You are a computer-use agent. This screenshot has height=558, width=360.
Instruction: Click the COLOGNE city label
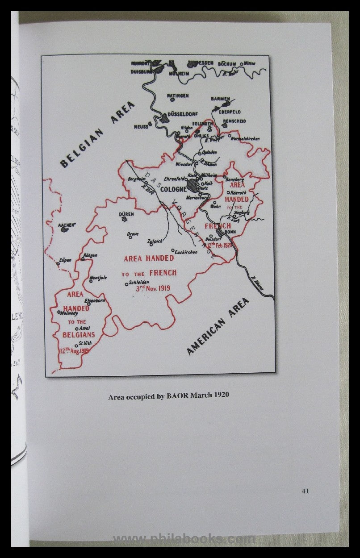pos(173,189)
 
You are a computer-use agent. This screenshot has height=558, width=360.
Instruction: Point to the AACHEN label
pos(66,225)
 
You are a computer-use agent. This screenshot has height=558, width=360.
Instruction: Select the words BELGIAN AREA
pos(97,134)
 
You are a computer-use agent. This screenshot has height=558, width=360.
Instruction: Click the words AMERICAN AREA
pos(218,326)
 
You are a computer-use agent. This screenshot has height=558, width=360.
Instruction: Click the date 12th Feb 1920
pos(218,245)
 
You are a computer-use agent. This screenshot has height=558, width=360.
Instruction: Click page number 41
pos(305,491)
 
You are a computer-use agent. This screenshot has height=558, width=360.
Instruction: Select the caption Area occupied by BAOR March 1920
pos(168,396)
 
